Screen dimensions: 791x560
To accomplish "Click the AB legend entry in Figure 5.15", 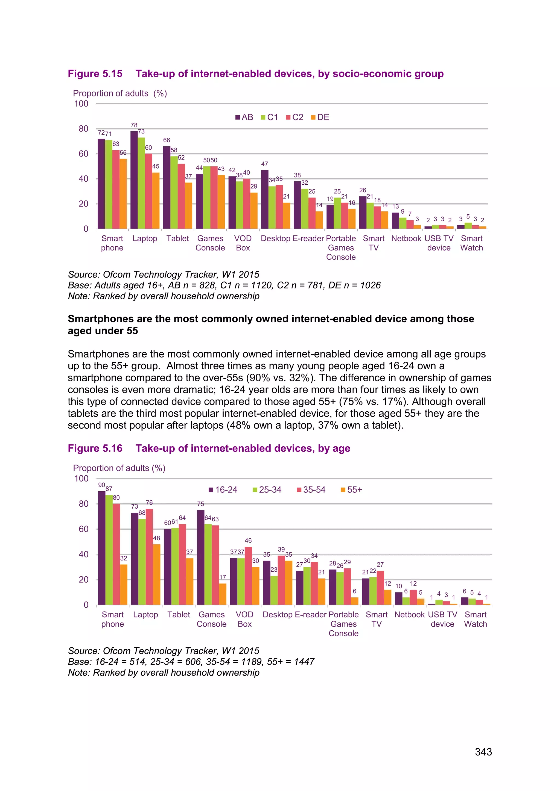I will coord(244,117).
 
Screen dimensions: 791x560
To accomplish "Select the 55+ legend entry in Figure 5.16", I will coord(351,489).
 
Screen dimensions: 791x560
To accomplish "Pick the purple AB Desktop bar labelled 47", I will coord(264,199).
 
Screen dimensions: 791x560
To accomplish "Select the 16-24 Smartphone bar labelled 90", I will coord(102,548).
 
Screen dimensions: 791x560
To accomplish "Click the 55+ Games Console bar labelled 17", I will coord(223,594).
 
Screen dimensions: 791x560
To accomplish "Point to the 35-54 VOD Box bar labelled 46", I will coord(248,575).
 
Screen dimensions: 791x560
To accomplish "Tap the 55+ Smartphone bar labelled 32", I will coord(123,584).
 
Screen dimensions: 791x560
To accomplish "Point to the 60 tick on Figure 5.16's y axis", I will coord(83,529).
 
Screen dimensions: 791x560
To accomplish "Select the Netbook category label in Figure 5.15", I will coord(406,238).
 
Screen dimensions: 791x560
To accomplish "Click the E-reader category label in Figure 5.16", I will coord(310,615).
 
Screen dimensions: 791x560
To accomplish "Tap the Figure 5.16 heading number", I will coord(95,448).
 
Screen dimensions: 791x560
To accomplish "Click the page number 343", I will coord(483,752).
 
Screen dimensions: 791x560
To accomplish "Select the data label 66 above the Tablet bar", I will coord(167,140).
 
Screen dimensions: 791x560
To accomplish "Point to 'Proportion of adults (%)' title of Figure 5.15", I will coord(120,93).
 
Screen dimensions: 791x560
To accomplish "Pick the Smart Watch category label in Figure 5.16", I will coord(475,619).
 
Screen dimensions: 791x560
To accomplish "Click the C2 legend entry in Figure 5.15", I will coord(295,117).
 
